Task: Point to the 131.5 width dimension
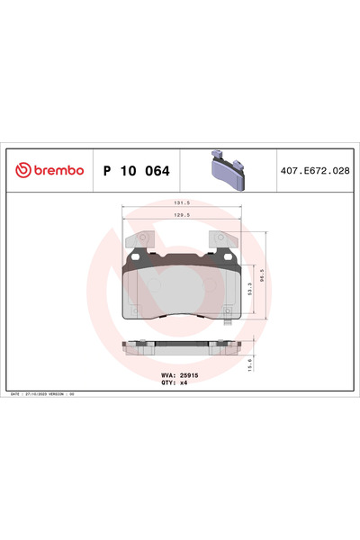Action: [x=182, y=204]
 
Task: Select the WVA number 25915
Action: [x=187, y=373]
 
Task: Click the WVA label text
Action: [x=166, y=373]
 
